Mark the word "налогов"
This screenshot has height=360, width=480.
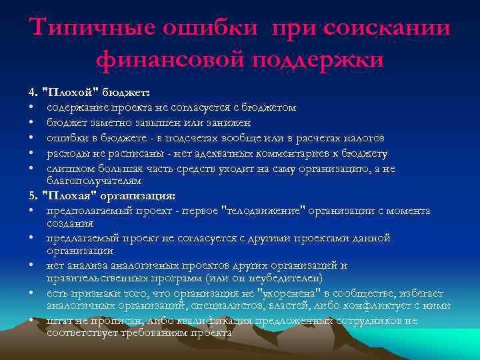363,138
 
